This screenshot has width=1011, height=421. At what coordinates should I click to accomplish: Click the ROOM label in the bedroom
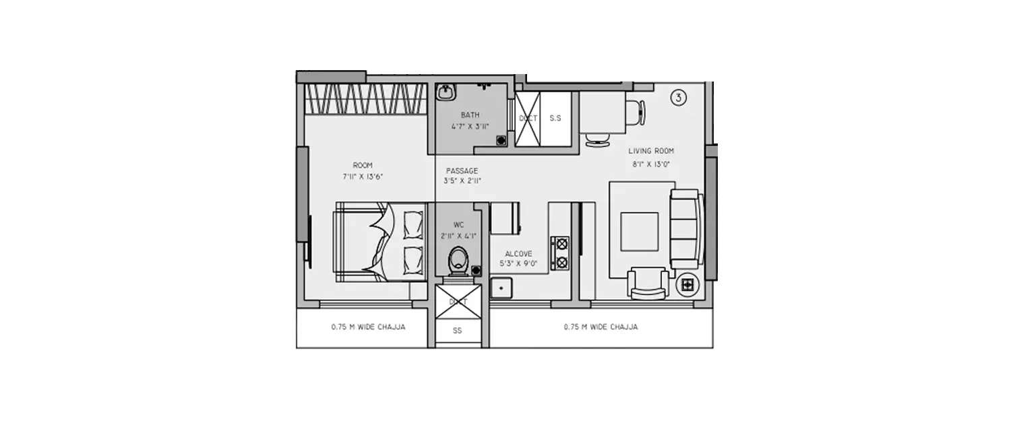362,165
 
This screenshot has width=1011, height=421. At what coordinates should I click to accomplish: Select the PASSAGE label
462,170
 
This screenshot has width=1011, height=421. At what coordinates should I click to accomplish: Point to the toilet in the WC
460,260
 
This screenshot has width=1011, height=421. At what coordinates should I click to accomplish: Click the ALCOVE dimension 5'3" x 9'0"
518,263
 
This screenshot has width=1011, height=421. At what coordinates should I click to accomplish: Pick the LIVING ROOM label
650,151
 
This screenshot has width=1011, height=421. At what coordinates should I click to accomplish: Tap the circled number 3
678,98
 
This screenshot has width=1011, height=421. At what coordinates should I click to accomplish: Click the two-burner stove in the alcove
559,253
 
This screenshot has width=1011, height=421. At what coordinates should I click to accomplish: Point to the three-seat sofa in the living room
685,226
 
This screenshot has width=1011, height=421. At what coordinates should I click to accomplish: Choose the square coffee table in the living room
639,231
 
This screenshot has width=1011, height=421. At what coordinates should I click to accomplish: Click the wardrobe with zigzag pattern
365,99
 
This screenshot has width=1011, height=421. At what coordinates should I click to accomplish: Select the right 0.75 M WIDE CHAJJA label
601,327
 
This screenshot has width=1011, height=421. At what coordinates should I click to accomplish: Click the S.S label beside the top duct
555,118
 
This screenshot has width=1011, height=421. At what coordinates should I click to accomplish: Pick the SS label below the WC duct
458,331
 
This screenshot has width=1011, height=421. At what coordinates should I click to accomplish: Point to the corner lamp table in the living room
687,286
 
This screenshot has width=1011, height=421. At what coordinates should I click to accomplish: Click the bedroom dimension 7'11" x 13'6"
363,176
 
